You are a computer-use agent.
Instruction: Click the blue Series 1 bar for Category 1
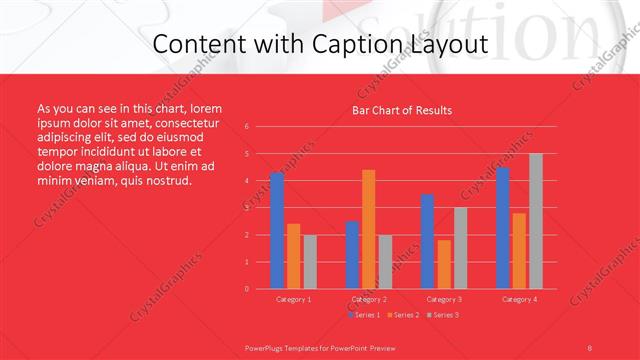[277, 230]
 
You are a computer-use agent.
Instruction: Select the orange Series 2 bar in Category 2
[369, 229]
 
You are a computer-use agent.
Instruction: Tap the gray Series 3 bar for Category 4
[536, 221]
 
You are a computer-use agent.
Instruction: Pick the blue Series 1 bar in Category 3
[427, 241]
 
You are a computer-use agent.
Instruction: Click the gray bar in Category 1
[310, 262]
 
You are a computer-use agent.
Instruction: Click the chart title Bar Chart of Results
[402, 110]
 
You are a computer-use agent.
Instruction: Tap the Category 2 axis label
[369, 299]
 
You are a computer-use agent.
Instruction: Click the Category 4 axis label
[519, 299]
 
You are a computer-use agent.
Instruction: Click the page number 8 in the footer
[589, 346]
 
